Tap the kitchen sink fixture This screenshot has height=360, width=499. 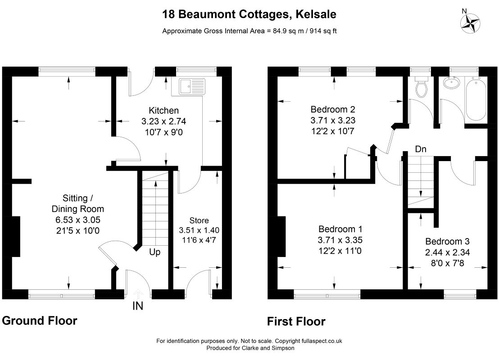pos(191,86)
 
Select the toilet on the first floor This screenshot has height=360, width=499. pos(422,87)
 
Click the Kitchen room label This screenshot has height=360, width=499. pos(164,111)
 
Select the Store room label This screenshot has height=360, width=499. pos(199,220)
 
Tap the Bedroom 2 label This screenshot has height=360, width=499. pos(333,109)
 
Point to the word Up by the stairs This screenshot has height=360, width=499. pos(154,252)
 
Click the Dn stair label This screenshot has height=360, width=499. pos(421,149)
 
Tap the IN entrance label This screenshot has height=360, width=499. pos(137,306)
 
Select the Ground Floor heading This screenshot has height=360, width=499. pos(40,321)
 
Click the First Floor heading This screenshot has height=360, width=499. pos(296,322)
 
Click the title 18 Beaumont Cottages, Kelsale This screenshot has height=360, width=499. pos(249,15)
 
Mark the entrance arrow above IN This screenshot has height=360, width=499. pos(137,294)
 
